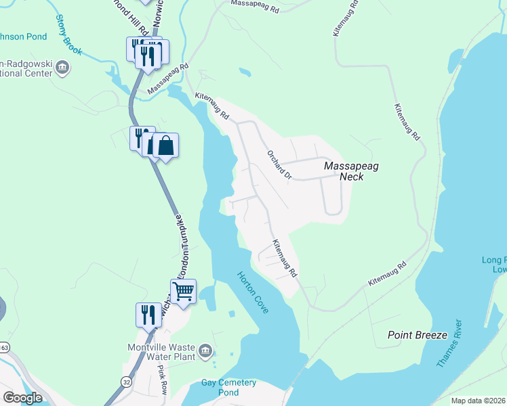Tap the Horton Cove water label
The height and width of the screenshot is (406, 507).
point(252,292)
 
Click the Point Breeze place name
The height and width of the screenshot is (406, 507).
point(417,335)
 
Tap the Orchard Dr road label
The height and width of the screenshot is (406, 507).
point(278,164)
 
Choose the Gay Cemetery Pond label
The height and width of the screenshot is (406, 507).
point(229,387)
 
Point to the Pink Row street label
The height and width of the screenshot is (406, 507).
point(163,382)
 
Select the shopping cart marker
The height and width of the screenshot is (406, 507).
point(183,292)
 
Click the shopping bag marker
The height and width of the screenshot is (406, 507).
point(165,145)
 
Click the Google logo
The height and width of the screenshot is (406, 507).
point(22,398)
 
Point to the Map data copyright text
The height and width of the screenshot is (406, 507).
point(478,401)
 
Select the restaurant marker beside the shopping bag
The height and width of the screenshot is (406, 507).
point(141,137)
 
